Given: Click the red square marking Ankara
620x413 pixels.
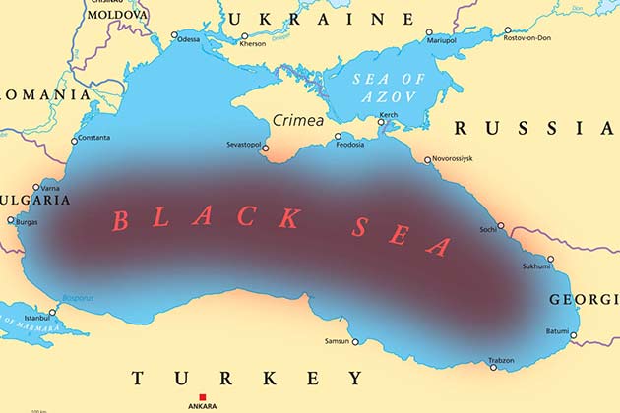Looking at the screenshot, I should pos(203,397).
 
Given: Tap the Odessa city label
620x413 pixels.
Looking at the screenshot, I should pos(188,39).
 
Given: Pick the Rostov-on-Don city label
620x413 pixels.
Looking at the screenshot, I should pos(528,38).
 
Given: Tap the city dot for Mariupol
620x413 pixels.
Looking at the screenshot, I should pos(429,32).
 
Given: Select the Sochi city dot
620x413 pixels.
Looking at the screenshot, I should pos(501,225).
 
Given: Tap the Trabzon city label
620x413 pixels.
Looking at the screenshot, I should pos(502,361).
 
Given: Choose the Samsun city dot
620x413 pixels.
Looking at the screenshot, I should pos(355,342).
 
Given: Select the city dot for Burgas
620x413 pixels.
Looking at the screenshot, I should pos(12,221).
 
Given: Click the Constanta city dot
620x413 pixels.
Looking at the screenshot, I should pos(74,141).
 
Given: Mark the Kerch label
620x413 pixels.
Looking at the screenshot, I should pos(389,116).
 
